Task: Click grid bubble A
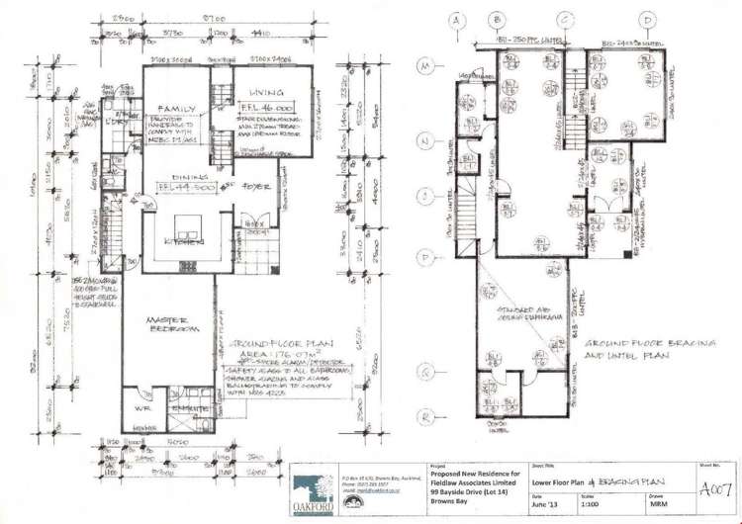click(457, 20)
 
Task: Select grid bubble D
click(648, 20)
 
